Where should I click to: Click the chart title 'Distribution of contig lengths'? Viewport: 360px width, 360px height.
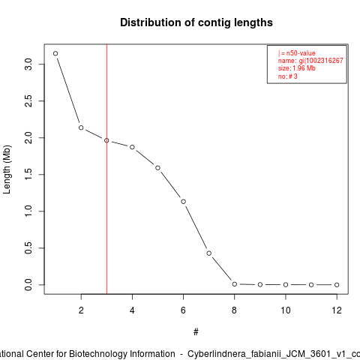click(196, 22)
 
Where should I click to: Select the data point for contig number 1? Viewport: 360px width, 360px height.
click(55, 53)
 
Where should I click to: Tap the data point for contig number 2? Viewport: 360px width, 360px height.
click(81, 127)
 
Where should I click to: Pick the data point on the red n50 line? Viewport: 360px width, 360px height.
click(106, 140)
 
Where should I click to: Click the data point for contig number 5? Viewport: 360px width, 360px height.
click(157, 168)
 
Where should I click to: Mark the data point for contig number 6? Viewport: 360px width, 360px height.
click(183, 202)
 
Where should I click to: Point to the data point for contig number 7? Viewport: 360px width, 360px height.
click(209, 253)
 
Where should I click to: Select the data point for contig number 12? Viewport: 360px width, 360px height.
click(337, 285)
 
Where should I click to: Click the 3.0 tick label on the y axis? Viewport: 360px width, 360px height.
click(28, 64)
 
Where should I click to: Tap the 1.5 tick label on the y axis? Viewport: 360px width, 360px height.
click(28, 175)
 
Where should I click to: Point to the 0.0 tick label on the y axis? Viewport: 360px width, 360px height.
click(28, 285)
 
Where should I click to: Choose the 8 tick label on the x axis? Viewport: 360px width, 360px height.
click(234, 310)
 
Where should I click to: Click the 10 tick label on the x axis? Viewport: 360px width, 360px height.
click(286, 310)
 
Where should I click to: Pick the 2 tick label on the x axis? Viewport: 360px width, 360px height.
click(81, 310)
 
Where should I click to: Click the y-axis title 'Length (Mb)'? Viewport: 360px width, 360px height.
click(7, 169)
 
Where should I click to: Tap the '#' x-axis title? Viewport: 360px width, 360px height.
click(196, 332)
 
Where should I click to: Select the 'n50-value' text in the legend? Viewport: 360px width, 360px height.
click(301, 53)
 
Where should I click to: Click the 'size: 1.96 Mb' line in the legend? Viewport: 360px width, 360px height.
click(297, 68)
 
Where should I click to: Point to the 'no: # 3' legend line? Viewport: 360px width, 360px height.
click(288, 76)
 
